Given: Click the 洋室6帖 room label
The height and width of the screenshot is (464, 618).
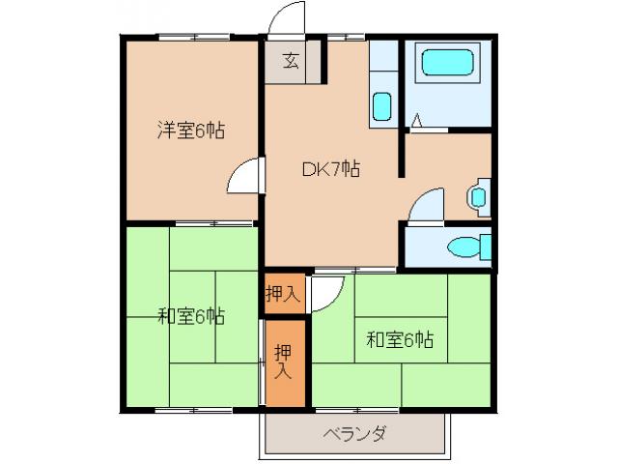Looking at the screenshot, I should [191, 131].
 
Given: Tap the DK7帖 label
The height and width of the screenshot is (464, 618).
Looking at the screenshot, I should [331, 169].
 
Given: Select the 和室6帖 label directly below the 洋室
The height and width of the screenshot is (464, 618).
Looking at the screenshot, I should [191, 316].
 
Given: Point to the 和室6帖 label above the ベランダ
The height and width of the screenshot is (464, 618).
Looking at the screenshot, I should [399, 339].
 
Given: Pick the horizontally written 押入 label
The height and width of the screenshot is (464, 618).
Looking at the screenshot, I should [282, 294].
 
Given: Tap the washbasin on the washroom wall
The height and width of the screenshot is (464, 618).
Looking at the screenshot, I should [478, 196].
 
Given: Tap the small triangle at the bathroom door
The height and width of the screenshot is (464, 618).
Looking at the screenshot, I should [416, 120].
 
